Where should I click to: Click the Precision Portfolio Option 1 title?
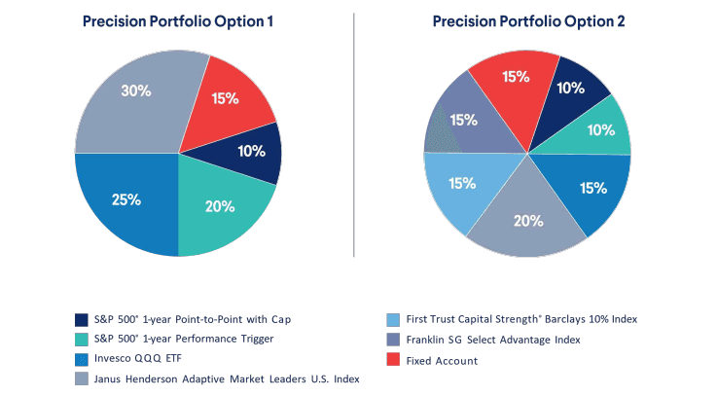(177, 21)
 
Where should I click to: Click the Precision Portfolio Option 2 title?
(529, 21)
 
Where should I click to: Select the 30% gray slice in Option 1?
(136, 97)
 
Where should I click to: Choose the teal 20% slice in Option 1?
(219, 204)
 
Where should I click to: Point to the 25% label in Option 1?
(126, 199)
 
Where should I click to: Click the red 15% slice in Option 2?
(515, 77)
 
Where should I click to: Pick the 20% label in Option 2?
(527, 220)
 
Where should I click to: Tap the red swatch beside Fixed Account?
(392, 360)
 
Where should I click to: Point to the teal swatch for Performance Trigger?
(82, 340)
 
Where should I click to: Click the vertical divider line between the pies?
(353, 136)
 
